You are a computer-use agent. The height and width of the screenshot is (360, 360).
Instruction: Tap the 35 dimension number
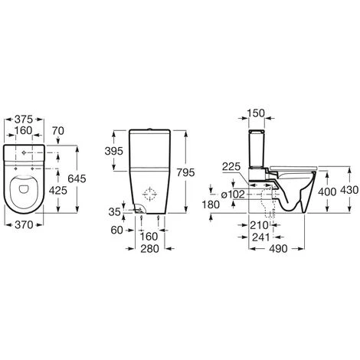(114, 211)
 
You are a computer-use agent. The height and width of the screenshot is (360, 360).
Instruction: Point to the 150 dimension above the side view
(257, 113)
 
